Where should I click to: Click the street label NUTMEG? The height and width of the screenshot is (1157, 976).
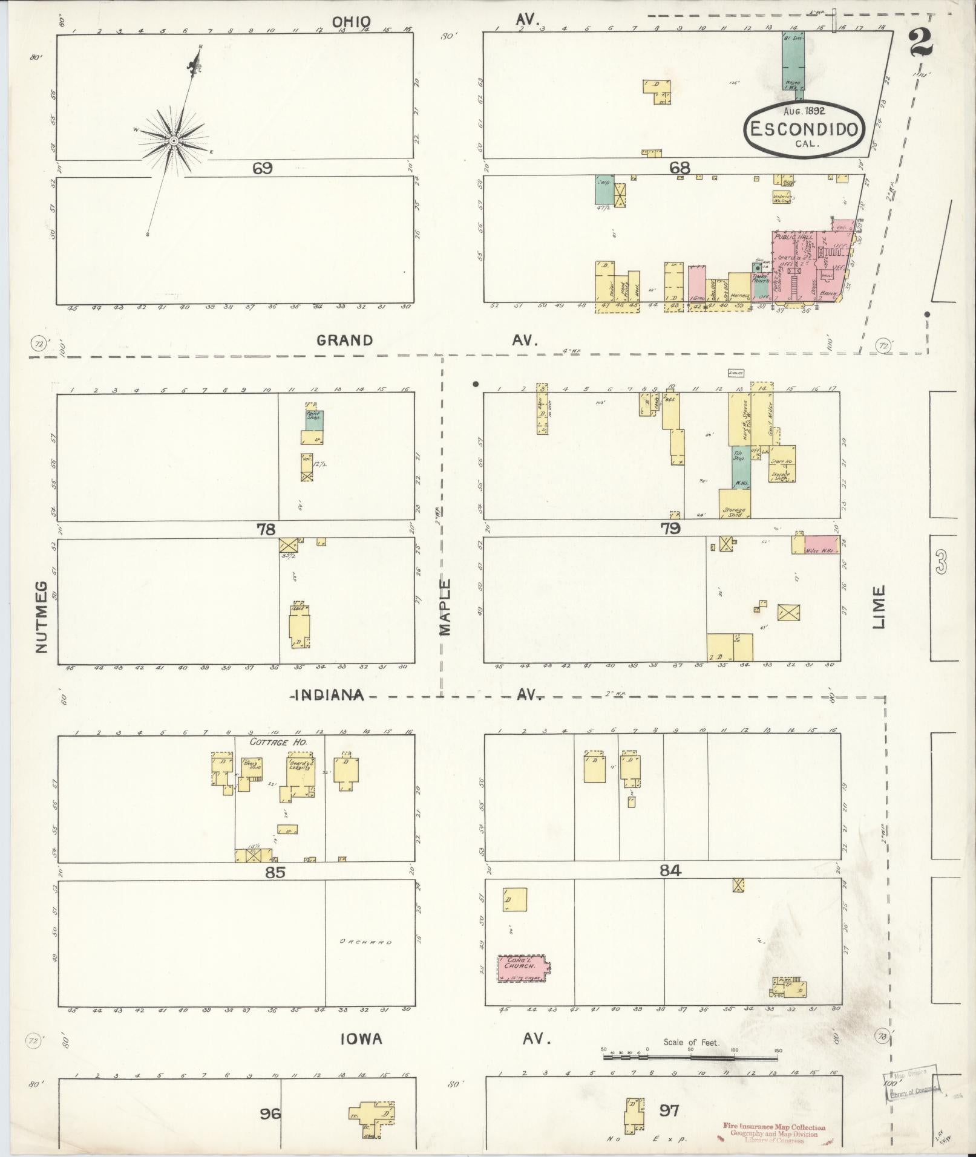click(x=41, y=617)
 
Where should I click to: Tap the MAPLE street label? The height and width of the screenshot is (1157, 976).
click(x=446, y=607)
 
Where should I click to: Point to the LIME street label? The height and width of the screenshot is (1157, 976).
click(x=879, y=607)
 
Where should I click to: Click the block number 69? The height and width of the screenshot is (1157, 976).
click(x=263, y=168)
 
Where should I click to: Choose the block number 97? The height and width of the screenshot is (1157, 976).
click(x=670, y=1110)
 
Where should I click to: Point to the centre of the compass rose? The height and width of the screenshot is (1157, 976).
click(x=174, y=141)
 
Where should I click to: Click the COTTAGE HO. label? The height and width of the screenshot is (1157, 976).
click(x=279, y=741)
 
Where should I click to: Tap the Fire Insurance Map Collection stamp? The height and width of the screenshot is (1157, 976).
click(x=773, y=1127)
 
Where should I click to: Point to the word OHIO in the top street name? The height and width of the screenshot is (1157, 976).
click(x=351, y=22)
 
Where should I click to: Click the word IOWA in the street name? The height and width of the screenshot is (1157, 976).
click(x=361, y=1039)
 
